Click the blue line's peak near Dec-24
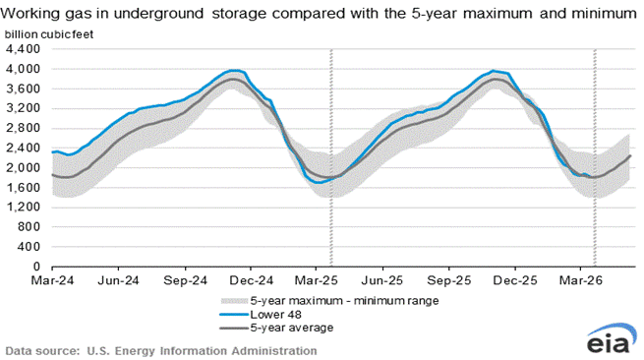pos(232,70)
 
